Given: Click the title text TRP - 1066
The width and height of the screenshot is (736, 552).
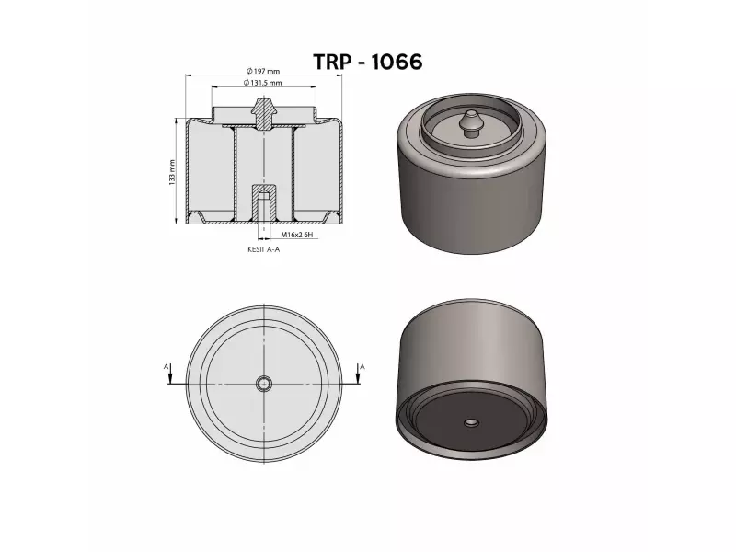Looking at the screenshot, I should [367, 62].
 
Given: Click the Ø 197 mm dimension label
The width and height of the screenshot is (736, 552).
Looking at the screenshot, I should [263, 72].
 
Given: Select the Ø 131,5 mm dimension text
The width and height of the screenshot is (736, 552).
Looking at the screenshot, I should [263, 83].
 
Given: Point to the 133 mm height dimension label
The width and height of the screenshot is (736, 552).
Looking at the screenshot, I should [172, 172].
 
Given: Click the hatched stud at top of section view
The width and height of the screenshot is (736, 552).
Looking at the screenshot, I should [264, 114].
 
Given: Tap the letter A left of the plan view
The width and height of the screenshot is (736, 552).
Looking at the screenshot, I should [167, 366].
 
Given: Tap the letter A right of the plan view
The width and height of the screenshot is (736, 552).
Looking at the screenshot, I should [362, 366].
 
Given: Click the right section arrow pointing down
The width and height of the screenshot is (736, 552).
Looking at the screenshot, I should [356, 380].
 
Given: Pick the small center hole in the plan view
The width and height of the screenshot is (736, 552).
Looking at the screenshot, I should [264, 384].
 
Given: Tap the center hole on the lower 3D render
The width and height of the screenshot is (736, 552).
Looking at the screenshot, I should [470, 423].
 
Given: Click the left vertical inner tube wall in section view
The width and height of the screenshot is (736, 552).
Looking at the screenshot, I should [235, 175].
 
